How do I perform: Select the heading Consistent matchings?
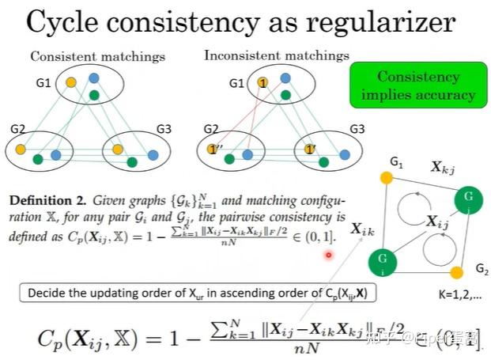click(97, 57)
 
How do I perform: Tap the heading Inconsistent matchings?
click(276, 56)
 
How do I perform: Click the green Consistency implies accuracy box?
click(414, 86)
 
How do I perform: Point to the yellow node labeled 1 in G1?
click(262, 82)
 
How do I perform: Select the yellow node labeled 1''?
click(212, 148)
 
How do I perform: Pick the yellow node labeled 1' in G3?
click(308, 148)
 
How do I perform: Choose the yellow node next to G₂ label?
click(456, 274)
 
